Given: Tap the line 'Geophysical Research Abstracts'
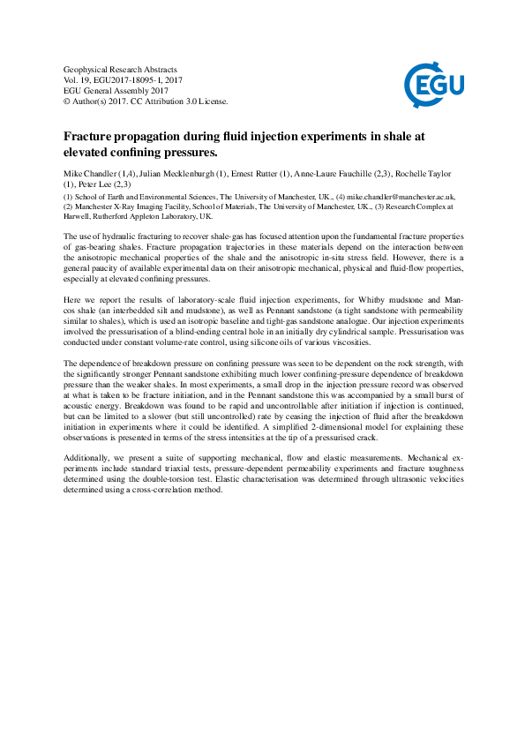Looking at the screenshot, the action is point(121,69).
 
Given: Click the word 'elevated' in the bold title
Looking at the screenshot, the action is point(94,152).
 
